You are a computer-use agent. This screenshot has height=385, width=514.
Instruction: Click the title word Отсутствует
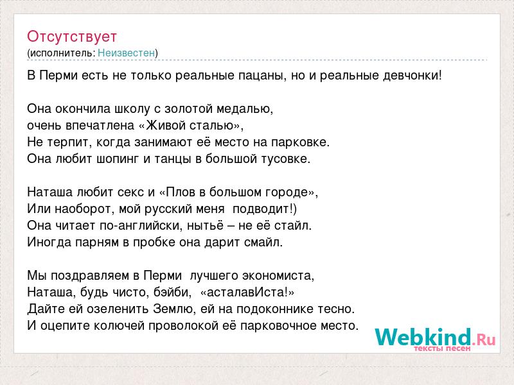(x=72, y=37)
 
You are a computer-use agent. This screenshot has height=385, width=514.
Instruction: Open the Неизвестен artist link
(x=126, y=53)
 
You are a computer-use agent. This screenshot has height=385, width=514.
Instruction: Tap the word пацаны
(x=261, y=76)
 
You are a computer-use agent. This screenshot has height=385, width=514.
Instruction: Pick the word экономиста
(x=278, y=276)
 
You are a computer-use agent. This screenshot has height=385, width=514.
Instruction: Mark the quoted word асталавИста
(x=247, y=293)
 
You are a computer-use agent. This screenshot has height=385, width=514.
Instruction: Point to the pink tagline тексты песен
(x=442, y=348)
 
